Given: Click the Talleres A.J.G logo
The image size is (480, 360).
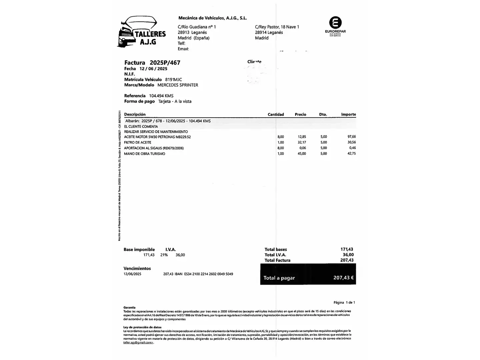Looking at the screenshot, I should tap(142, 32).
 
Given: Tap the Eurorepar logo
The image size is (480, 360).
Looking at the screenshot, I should tap(335, 26).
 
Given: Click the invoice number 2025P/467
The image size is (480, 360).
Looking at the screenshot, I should tap(165, 63).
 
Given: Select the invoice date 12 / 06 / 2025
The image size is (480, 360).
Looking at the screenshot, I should tap(153, 69).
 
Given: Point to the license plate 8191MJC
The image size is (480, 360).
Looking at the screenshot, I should tap(173, 80).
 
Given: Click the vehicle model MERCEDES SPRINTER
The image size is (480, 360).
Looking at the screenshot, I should tap(178, 85).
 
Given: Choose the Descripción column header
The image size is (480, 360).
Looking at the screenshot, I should tap(135, 114).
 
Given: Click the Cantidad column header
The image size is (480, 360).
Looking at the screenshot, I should tap(276, 114).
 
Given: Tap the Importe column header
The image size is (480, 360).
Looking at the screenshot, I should tap(348, 114).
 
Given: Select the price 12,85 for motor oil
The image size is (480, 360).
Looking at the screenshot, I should tap(302, 137).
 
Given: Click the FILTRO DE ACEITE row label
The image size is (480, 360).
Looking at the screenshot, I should tap(138, 142).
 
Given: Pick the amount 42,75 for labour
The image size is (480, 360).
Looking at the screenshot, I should tap(351, 154).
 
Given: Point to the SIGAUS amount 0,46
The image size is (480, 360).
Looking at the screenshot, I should tap(352, 148).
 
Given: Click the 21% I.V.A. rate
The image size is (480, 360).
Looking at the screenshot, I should tap(164, 255).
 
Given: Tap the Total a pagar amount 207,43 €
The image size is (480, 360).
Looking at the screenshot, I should tap(343, 278).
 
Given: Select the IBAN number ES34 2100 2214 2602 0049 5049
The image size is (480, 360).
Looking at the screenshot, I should tap(209, 274).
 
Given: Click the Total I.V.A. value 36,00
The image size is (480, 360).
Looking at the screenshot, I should tap(348, 255).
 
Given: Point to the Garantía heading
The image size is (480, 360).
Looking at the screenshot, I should tap(129, 307).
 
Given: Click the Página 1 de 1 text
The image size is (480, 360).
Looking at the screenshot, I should tap(344, 302).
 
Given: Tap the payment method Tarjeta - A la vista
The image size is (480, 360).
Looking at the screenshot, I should tap(175, 101).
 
